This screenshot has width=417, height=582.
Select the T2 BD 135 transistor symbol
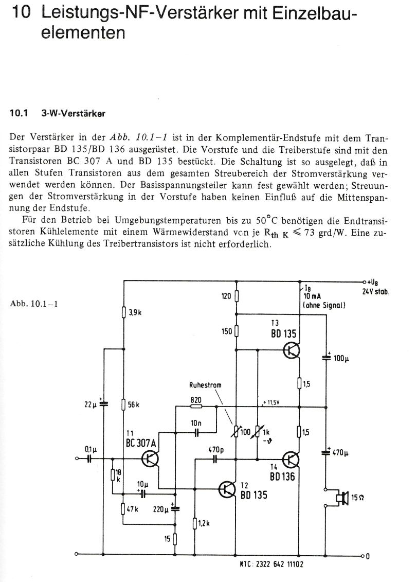[x=227, y=489]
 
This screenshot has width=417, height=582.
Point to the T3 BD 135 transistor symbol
[x=292, y=350]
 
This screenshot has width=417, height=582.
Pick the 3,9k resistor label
[x=135, y=312]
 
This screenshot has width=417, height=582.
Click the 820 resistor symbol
[x=196, y=406]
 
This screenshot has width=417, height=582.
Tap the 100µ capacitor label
[x=341, y=358]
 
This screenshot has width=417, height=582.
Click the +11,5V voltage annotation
[x=271, y=402]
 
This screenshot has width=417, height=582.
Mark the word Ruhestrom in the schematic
[x=204, y=384]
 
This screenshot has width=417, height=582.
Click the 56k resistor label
[x=134, y=404]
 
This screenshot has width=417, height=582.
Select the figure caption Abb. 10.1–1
[x=33, y=303]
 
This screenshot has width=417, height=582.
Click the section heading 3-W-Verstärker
[x=73, y=114]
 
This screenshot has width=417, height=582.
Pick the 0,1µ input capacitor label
[x=91, y=449]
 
